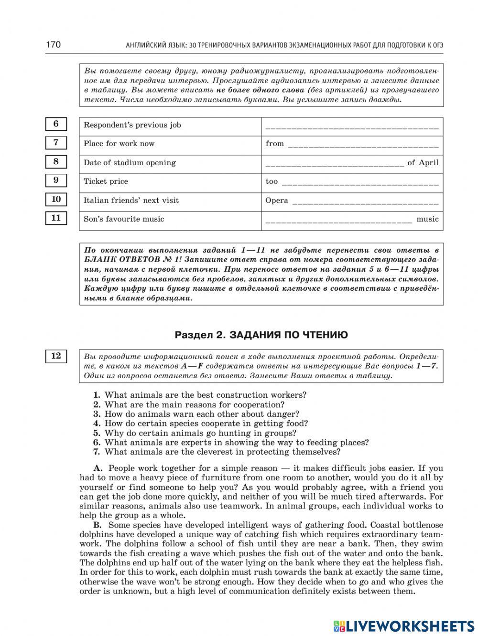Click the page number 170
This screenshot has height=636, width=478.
click(x=53, y=45)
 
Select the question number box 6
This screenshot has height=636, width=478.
click(x=56, y=124)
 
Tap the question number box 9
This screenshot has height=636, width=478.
click(x=56, y=180)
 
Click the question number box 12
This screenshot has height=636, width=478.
click(x=56, y=356)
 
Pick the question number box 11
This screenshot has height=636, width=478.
click(x=56, y=218)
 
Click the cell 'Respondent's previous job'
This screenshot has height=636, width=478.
click(x=132, y=125)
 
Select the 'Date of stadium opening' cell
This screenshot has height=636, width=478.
click(x=130, y=163)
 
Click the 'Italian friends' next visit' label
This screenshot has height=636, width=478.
click(x=131, y=201)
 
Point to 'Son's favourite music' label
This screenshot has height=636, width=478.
click(x=124, y=219)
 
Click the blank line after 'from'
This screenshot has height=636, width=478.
click(x=363, y=145)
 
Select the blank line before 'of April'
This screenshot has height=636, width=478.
click(x=334, y=164)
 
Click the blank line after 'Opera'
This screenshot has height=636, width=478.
click(x=365, y=201)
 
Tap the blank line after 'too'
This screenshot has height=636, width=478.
click(x=360, y=183)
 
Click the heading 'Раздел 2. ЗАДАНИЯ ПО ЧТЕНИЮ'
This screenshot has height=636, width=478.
click(x=261, y=335)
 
